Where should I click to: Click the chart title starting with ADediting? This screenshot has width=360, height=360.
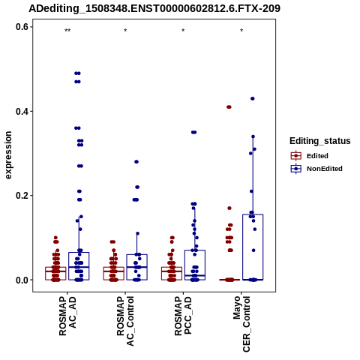[154, 8]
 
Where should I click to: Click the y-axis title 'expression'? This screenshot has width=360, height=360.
[8, 155]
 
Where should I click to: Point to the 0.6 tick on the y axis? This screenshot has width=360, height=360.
[22, 27]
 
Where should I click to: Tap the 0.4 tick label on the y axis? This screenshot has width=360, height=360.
[22, 111]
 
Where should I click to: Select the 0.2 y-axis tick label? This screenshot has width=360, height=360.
[22, 196]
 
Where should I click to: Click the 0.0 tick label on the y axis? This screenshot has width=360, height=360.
[22, 280]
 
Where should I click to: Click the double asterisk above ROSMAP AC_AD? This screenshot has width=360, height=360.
[67, 31]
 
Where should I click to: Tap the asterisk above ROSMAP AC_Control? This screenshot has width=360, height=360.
[125, 31]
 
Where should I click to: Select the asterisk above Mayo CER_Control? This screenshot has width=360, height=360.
[241, 31]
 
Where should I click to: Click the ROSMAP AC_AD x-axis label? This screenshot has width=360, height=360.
[67, 316]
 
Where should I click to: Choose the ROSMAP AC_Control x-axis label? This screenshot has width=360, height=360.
[125, 321]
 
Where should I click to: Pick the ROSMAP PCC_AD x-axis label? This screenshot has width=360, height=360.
[183, 316]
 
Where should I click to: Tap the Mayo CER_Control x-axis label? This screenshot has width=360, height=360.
[241, 324]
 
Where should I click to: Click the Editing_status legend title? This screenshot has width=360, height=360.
[320, 141]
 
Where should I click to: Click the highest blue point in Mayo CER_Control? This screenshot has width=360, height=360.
[253, 99]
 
